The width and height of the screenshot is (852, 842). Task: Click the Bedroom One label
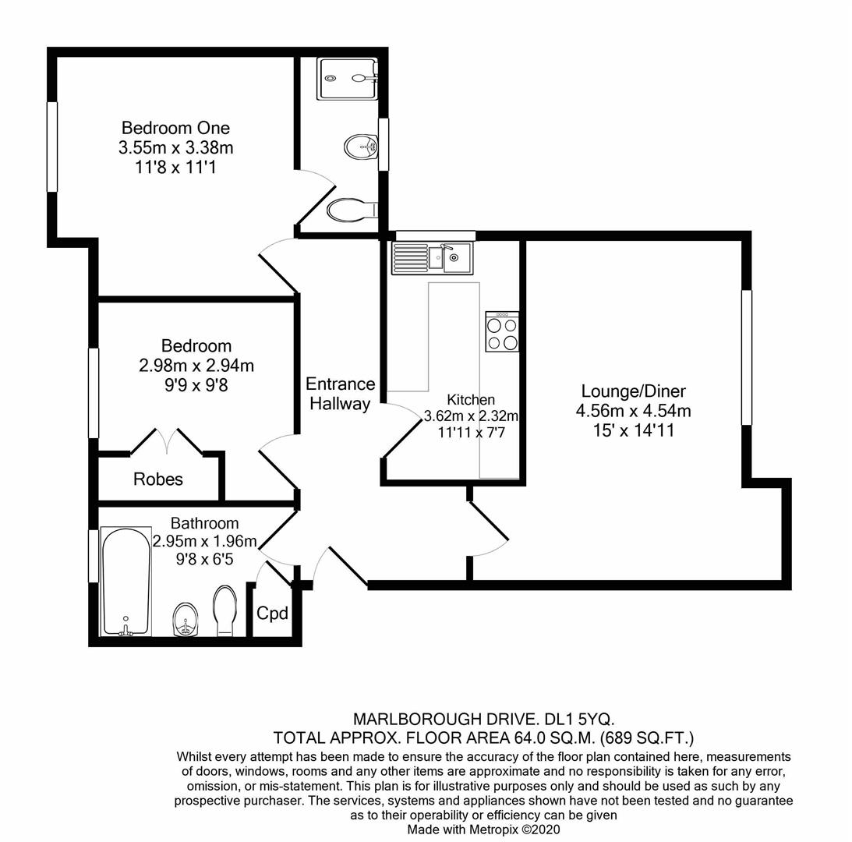click(175, 128)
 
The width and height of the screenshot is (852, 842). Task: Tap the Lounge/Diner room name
click(633, 391)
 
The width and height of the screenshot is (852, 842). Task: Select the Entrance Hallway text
click(340, 394)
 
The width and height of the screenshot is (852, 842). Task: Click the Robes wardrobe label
click(158, 479)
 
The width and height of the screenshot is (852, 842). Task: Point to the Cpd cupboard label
click(273, 614)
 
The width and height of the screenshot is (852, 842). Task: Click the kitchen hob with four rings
click(502, 332)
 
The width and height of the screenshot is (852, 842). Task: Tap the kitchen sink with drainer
click(432, 257)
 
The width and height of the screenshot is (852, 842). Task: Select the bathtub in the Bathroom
click(126, 582)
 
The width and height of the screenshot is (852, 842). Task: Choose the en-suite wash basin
click(360, 146)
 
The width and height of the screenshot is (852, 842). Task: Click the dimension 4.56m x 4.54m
click(633, 411)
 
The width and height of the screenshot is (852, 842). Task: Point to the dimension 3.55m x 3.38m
click(175, 147)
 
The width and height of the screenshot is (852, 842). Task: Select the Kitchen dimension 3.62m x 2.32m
click(471, 416)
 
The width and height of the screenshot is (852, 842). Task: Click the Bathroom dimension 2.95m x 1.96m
click(204, 541)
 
